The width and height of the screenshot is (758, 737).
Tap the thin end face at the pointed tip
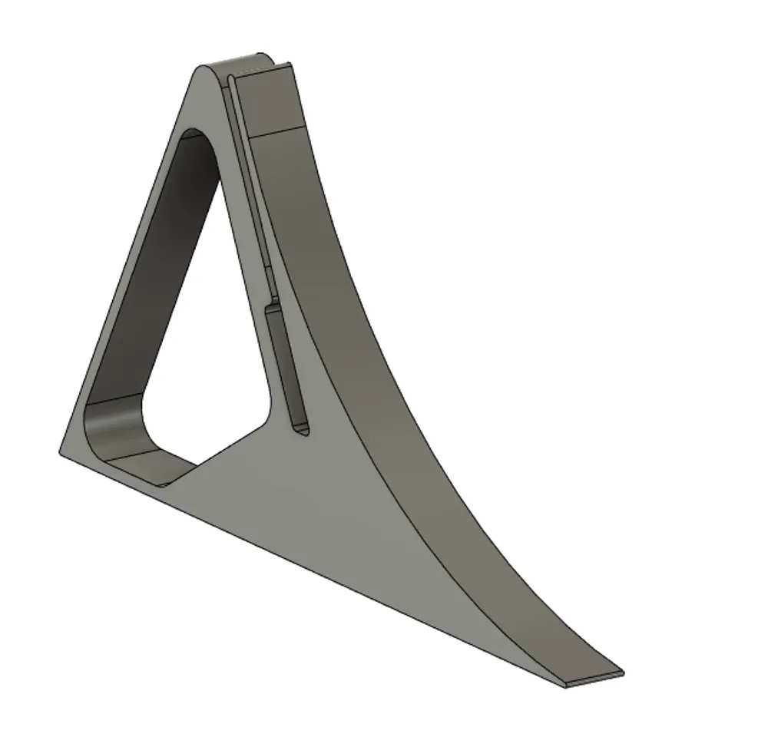pyautogui.click(x=594, y=679)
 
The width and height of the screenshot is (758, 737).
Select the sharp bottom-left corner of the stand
pyautogui.click(x=61, y=451)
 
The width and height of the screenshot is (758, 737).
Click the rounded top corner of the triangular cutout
pyautogui.click(x=201, y=138)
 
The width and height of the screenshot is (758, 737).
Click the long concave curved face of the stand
pyautogui.click(x=399, y=384)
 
